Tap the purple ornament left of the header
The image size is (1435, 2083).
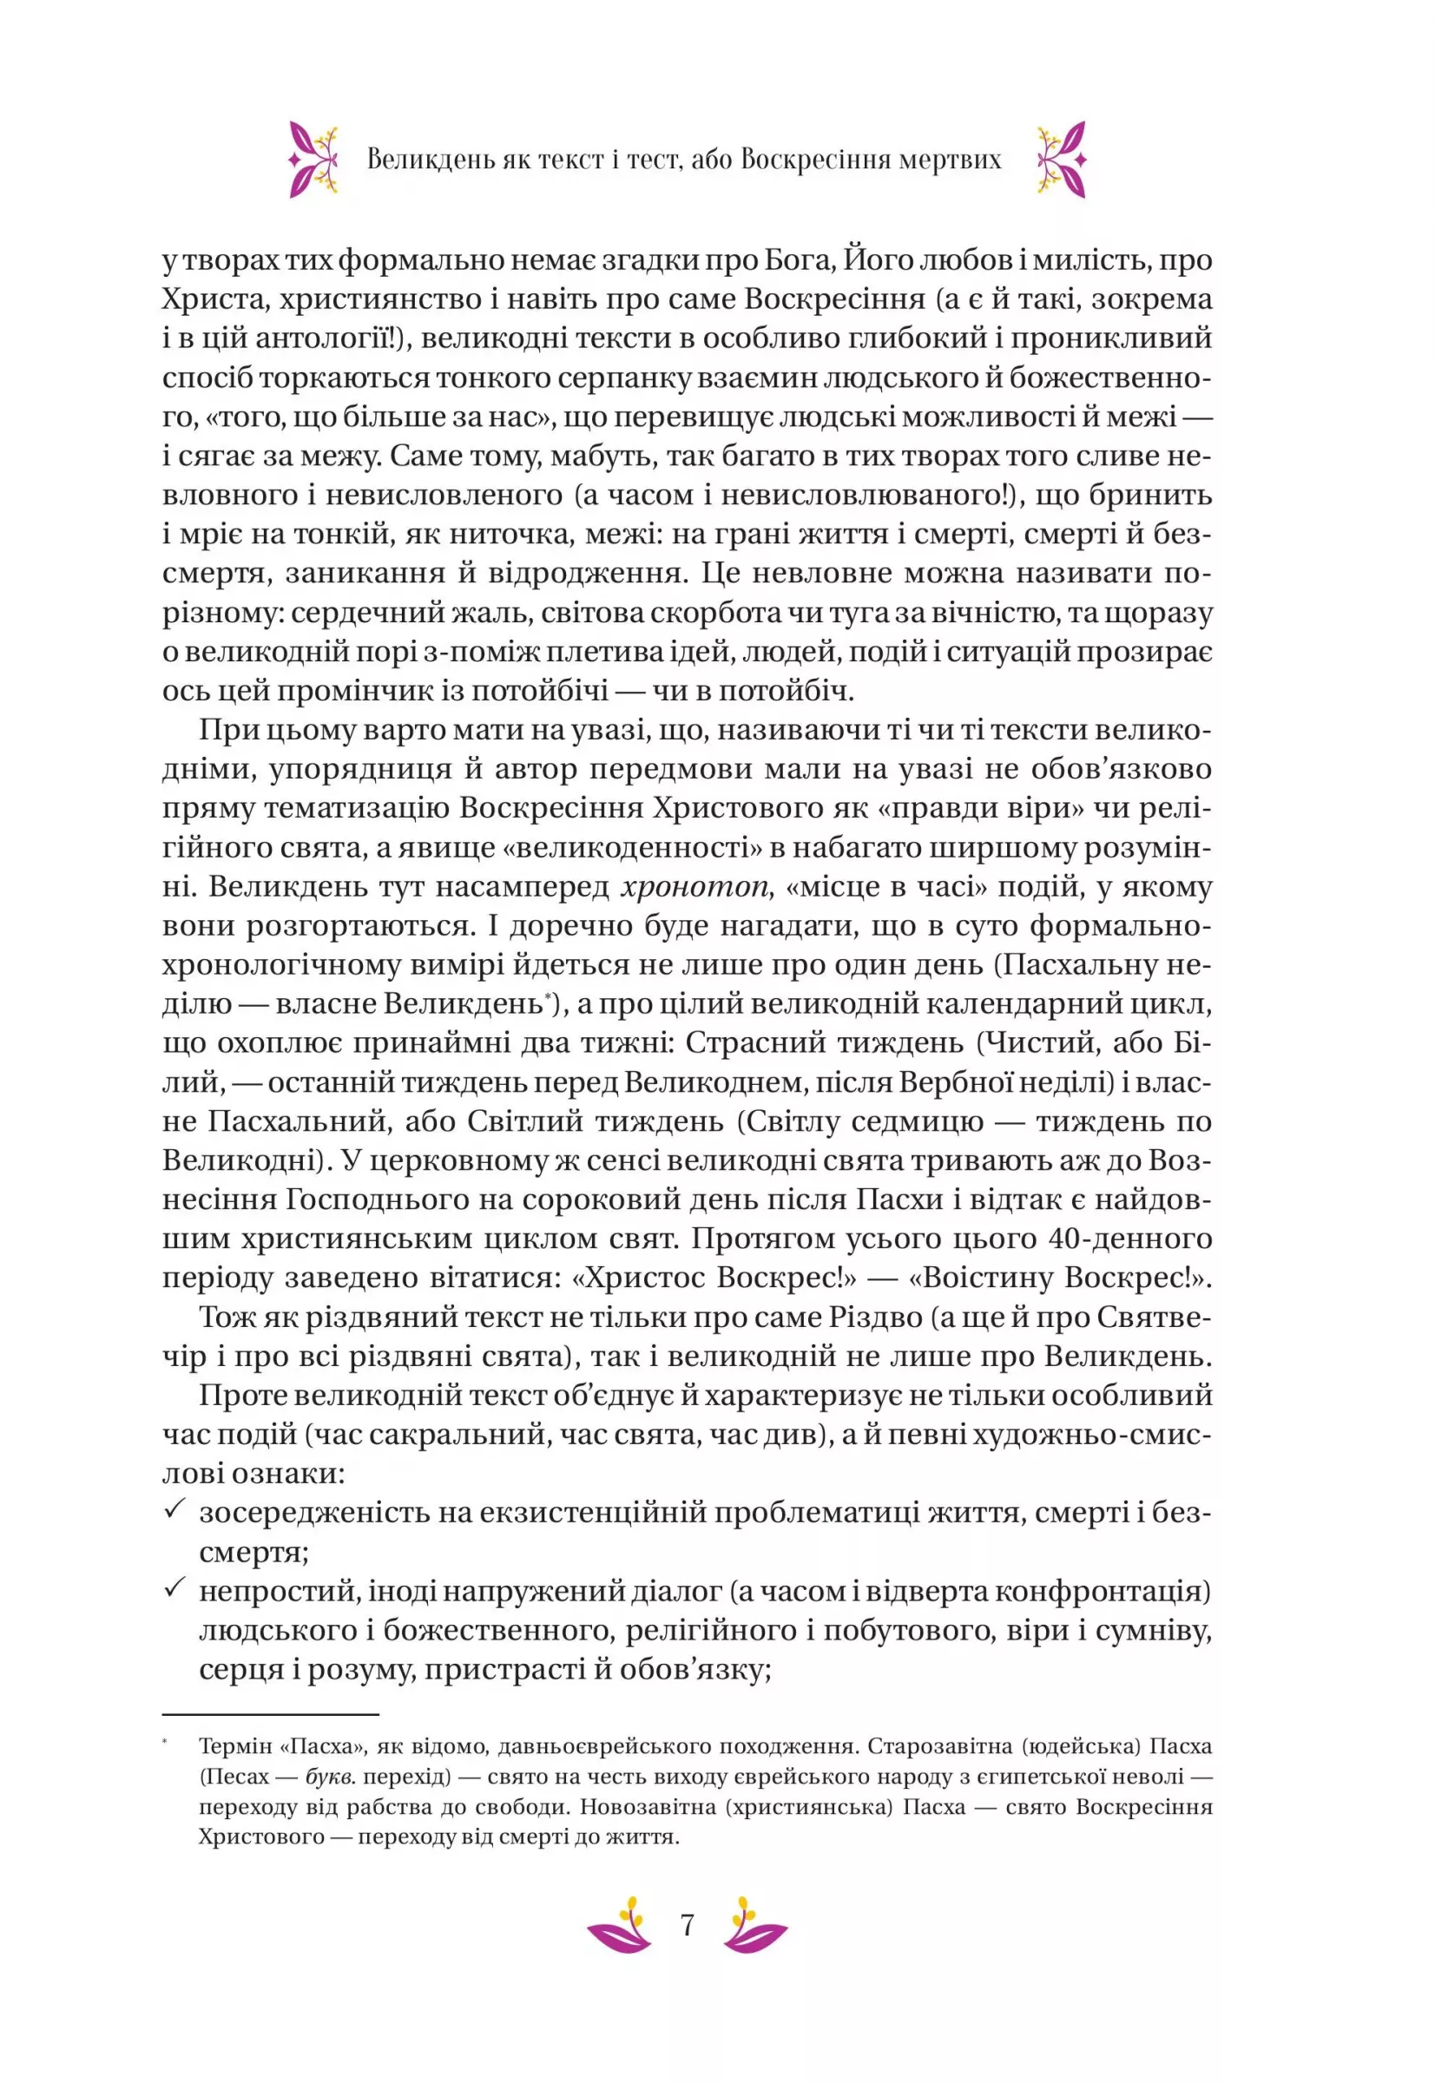coord(312,159)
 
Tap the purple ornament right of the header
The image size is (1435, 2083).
coord(1062,159)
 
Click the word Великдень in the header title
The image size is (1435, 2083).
coord(431,160)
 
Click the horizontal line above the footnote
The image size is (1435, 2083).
coord(271,1714)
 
